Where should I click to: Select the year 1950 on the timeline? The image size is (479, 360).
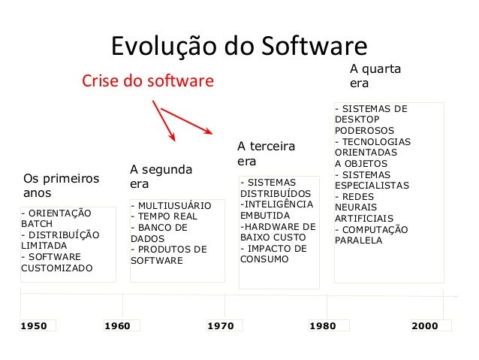[x=34, y=325]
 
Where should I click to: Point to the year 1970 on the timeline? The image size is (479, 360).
[x=220, y=325]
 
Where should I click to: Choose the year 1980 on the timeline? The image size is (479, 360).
[x=323, y=325]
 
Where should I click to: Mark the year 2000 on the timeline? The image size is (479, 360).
[x=426, y=325]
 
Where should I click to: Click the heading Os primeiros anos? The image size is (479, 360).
[x=62, y=186]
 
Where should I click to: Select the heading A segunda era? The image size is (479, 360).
[x=161, y=177]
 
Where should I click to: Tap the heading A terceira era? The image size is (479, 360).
[x=266, y=153]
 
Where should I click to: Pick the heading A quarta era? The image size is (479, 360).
[x=375, y=77]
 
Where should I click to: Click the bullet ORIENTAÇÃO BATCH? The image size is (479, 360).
[x=56, y=219]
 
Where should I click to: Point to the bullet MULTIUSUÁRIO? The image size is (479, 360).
[x=171, y=205]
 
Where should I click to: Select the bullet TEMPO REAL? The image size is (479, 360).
[x=164, y=216]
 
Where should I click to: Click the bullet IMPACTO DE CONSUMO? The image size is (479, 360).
[x=273, y=254]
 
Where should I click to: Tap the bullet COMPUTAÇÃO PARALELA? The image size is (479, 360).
[x=371, y=235]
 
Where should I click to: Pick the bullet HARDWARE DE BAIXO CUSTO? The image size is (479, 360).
[x=278, y=231]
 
